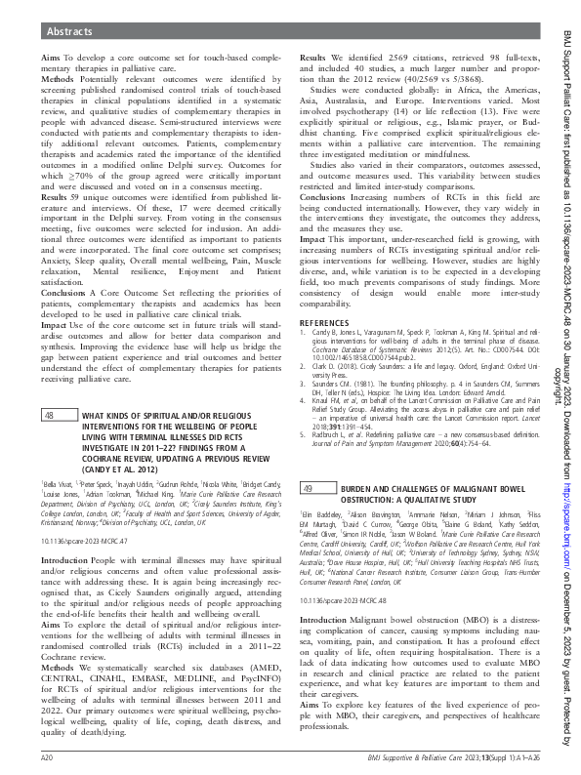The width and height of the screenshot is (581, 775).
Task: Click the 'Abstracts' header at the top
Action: (x=71, y=31)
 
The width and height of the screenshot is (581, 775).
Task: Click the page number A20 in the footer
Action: (x=46, y=756)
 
